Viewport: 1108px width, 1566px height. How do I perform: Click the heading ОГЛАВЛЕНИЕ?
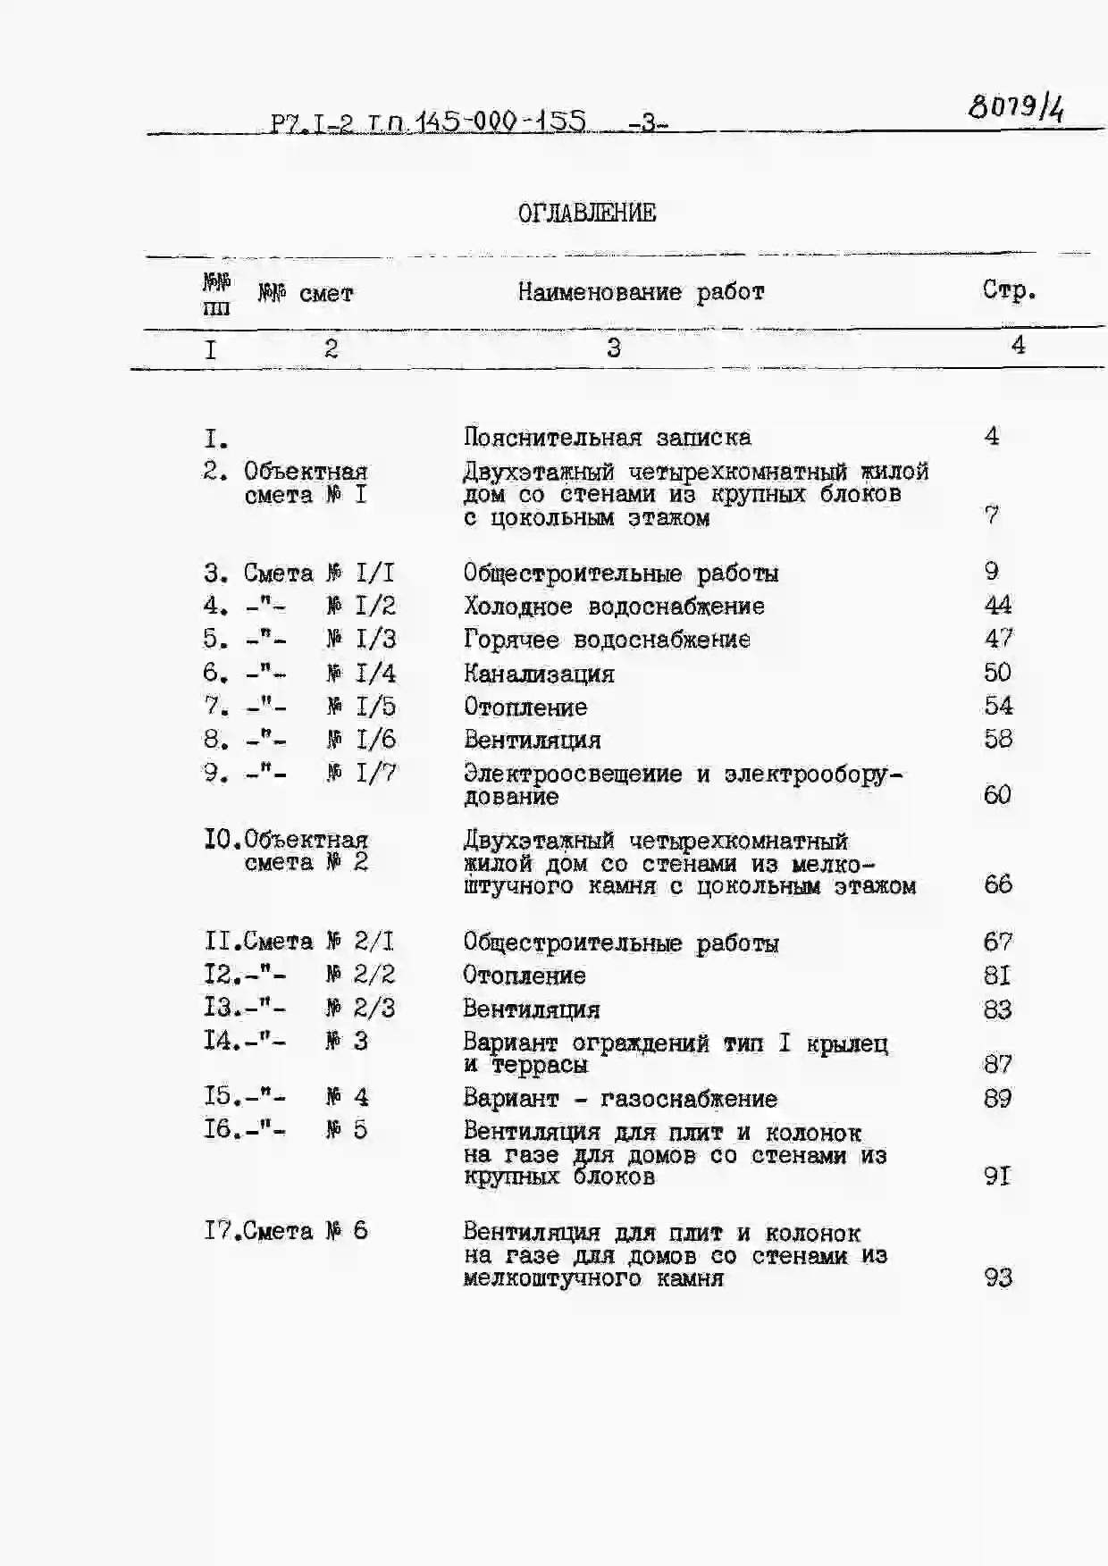point(587,214)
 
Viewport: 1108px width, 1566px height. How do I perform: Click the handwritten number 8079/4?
point(1016,108)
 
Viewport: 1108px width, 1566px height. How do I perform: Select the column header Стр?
point(1009,290)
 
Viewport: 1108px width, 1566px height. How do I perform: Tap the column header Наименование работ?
point(641,292)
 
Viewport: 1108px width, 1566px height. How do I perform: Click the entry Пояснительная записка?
point(607,438)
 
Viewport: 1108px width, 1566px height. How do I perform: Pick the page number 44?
point(997,606)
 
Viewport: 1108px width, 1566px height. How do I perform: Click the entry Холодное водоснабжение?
point(614,607)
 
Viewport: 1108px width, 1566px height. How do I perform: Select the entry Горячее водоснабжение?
point(607,640)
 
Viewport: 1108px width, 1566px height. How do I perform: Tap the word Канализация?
point(539,674)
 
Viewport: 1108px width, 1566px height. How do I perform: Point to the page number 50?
point(997,673)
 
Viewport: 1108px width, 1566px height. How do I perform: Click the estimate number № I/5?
point(361,707)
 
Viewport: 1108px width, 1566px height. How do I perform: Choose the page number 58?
point(997,739)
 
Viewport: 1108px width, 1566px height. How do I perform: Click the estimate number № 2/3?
point(361,1009)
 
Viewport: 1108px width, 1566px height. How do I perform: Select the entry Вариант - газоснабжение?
point(620,1099)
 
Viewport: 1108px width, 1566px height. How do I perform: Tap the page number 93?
point(997,1277)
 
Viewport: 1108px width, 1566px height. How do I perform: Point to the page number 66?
point(997,884)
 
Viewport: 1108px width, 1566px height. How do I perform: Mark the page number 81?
point(997,976)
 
